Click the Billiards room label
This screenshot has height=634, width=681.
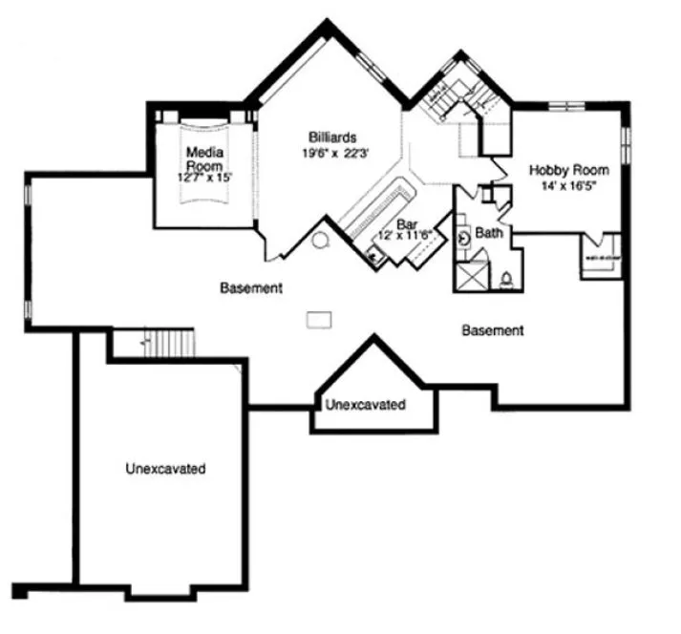tap(331, 136)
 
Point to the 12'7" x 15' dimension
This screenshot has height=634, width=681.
tap(204, 178)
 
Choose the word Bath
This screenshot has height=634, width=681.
tap(489, 232)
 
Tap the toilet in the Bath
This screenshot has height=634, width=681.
tap(507, 279)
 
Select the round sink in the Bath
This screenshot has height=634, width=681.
tap(465, 239)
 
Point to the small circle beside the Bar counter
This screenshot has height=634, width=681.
tap(322, 240)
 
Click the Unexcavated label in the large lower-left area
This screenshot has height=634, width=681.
tap(165, 469)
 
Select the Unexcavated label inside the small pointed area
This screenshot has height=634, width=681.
tap(365, 405)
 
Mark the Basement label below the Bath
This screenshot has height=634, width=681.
tap(492, 331)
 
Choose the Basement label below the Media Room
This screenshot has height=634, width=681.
tap(249, 287)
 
